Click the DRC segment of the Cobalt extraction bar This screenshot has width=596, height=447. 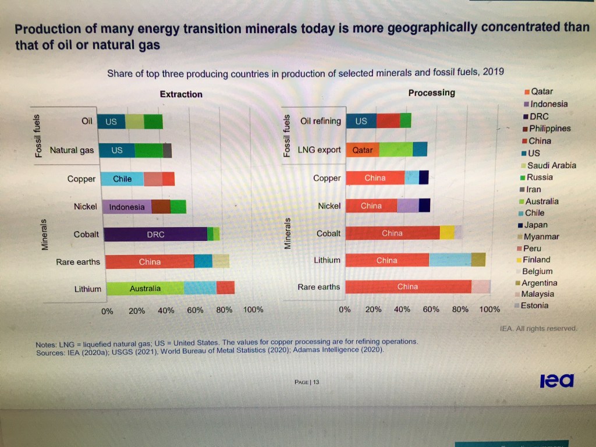pyautogui.click(x=155, y=235)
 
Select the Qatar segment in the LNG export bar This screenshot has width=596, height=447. pyautogui.click(x=363, y=150)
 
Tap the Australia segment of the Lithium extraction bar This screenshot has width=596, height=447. pyautogui.click(x=145, y=288)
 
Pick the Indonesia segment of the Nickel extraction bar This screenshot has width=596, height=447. pyautogui.click(x=127, y=207)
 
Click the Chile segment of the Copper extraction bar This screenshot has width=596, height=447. pyautogui.click(x=122, y=179)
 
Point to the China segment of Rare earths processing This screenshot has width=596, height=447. pyautogui.click(x=407, y=286)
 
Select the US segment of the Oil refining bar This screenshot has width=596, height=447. pyautogui.click(x=361, y=121)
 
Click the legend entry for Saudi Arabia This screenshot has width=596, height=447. pyautogui.click(x=551, y=165)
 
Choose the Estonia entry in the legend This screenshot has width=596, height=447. pyautogui.click(x=534, y=306)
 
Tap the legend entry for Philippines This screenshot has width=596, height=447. pyautogui.click(x=549, y=129)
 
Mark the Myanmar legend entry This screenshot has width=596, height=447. pyautogui.click(x=541, y=237)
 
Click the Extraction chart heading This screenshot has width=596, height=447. pyautogui.click(x=181, y=94)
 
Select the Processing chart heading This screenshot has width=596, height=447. pyautogui.click(x=431, y=93)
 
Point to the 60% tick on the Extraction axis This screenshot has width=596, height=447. pyautogui.click(x=195, y=310)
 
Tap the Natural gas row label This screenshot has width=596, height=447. pyautogui.click(x=72, y=150)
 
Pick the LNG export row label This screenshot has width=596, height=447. pyautogui.click(x=319, y=150)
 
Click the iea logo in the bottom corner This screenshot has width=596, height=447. pyautogui.click(x=556, y=381)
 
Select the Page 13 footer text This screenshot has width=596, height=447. pyautogui.click(x=307, y=382)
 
